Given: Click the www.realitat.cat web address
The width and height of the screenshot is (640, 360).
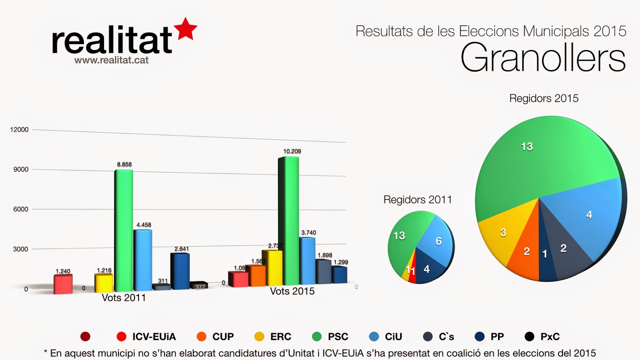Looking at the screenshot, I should pyautogui.click(x=111, y=60).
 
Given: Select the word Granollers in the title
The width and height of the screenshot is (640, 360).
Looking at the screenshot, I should pyautogui.click(x=543, y=58).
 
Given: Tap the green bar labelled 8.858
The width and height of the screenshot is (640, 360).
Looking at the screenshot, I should pyautogui.click(x=124, y=230).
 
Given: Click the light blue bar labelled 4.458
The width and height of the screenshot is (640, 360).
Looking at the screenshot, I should pyautogui.click(x=143, y=260).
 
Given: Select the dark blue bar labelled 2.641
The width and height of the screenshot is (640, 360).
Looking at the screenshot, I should pyautogui.click(x=180, y=271).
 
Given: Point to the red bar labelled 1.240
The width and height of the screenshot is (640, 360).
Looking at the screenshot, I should pyautogui.click(x=63, y=284).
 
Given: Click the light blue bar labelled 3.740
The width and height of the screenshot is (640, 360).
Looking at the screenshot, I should pyautogui.click(x=307, y=260).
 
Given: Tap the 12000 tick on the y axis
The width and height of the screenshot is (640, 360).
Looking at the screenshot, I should pyautogui.click(x=19, y=130).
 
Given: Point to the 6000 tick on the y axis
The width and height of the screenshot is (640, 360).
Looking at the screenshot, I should pyautogui.click(x=21, y=209).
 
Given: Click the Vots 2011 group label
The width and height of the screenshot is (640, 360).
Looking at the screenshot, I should pyautogui.click(x=124, y=298).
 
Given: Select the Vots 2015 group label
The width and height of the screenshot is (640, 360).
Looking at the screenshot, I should pyautogui.click(x=292, y=292).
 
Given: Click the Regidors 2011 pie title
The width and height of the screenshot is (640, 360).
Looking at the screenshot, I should pyautogui.click(x=418, y=200).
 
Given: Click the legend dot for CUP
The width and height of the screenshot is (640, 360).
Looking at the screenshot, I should pyautogui.click(x=202, y=337).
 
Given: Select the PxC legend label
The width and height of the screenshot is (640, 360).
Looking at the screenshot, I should pyautogui.click(x=550, y=337).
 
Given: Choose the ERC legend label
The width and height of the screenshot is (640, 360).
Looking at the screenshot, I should pyautogui.click(x=281, y=337).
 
